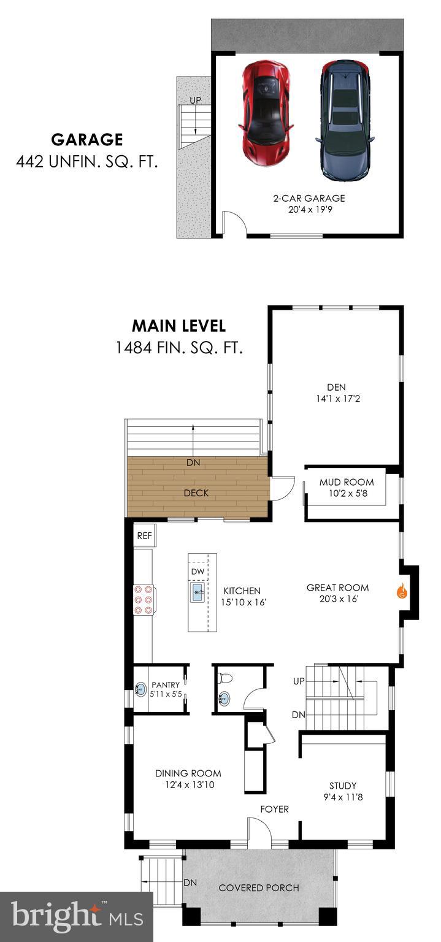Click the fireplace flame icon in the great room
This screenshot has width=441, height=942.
[402, 592]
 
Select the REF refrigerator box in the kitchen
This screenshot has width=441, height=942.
[144, 535]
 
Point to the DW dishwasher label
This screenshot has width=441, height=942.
[197, 572]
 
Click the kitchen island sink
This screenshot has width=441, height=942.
[197, 593]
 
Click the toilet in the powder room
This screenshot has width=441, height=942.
[224, 678]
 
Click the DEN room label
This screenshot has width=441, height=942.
[336, 387]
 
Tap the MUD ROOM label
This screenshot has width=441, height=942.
[347, 482]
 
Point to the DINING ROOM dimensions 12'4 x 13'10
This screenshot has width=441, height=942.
[188, 784]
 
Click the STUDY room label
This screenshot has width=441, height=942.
[343, 786]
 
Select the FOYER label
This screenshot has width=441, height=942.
[274, 809]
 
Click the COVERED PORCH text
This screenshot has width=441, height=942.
[259, 887]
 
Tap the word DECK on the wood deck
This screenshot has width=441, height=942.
[196, 492]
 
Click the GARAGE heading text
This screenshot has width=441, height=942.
[86, 140]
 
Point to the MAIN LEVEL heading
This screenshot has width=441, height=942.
[179, 326]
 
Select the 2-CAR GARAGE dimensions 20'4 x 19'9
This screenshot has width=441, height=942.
[309, 209]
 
